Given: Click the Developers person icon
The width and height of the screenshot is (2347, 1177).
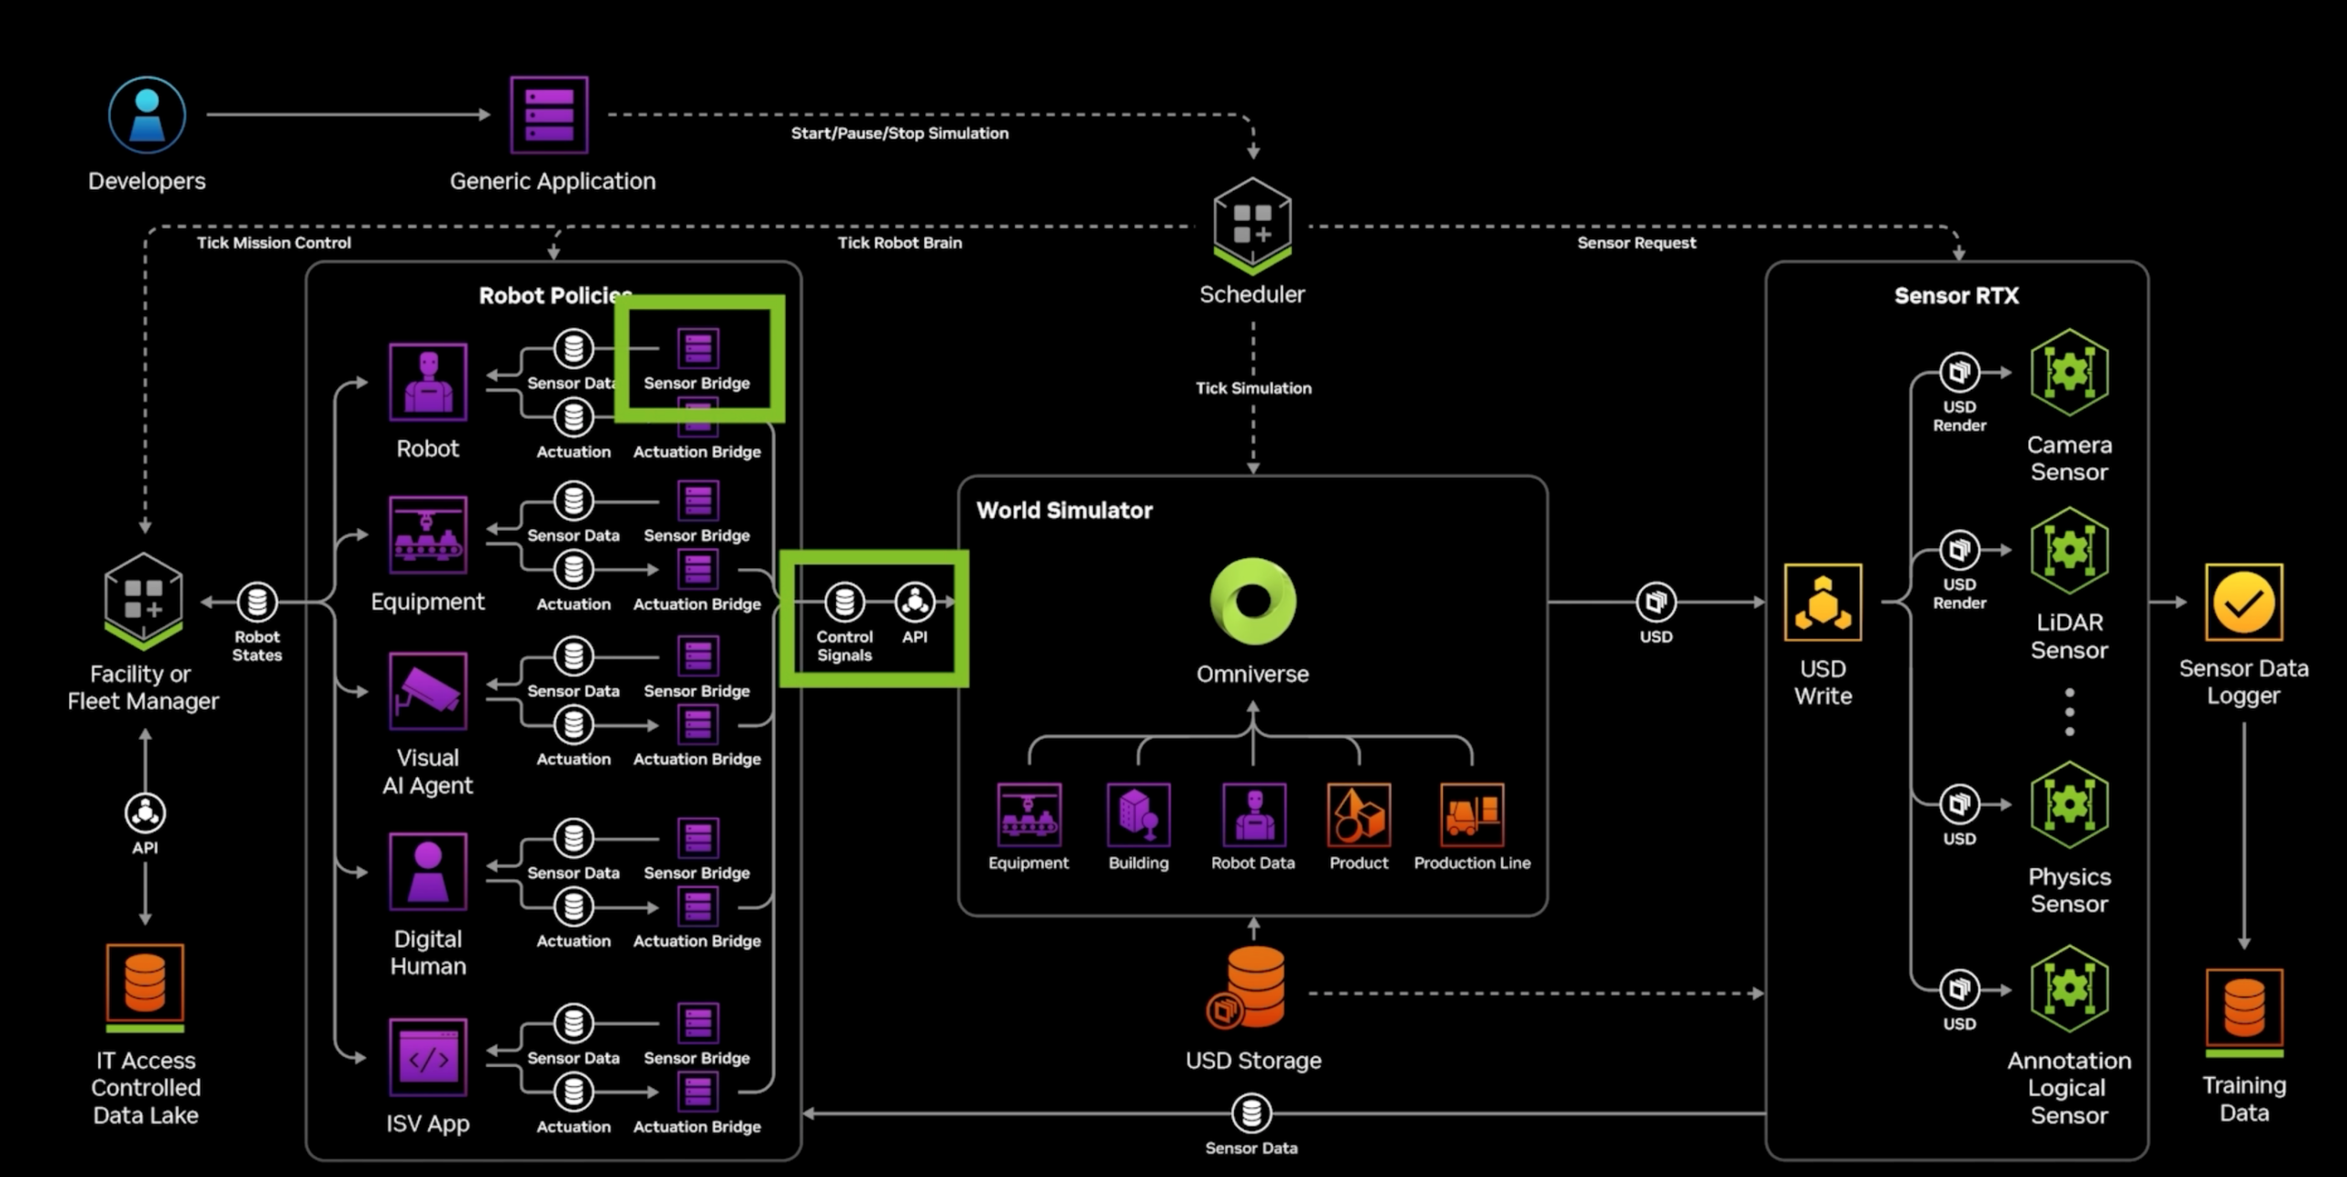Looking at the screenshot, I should pyautogui.click(x=147, y=115).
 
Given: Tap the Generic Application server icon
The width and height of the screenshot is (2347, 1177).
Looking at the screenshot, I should pyautogui.click(x=548, y=115).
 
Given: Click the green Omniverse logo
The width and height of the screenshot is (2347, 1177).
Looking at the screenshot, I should pyautogui.click(x=1252, y=601).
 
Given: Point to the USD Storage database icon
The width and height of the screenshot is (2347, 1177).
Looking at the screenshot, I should pyautogui.click(x=1252, y=988).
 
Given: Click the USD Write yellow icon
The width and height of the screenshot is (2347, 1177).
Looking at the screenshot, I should pyautogui.click(x=1823, y=602).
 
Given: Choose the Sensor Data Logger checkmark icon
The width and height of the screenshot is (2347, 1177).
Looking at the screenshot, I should pyautogui.click(x=2243, y=602).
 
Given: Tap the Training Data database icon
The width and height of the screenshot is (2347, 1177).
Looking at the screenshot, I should pyautogui.click(x=2243, y=1007).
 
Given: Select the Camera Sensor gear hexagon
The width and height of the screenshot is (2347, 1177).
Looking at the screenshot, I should pyautogui.click(x=2069, y=372).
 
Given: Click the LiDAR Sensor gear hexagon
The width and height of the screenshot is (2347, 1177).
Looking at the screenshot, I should pyautogui.click(x=2069, y=550).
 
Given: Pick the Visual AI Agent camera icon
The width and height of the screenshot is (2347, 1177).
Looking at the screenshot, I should pyautogui.click(x=427, y=691).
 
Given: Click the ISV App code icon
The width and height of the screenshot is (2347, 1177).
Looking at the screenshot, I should pyautogui.click(x=427, y=1057).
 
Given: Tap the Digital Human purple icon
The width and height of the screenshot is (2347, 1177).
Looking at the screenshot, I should pyautogui.click(x=427, y=871).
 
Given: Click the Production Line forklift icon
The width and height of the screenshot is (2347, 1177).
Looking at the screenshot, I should pyautogui.click(x=1471, y=815).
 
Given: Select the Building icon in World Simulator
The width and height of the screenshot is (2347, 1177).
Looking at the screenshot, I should pyautogui.click(x=1138, y=815).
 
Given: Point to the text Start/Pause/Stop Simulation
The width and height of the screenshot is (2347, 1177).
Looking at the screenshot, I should pyautogui.click(x=899, y=134).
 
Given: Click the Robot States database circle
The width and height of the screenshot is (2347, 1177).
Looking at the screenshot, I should pyautogui.click(x=257, y=602).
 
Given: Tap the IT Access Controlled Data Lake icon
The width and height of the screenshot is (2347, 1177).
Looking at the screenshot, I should pyautogui.click(x=145, y=984).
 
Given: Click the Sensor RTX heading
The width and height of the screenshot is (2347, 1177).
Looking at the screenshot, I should pyautogui.click(x=1956, y=296).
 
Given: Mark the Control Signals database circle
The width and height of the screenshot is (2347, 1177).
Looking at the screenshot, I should pyautogui.click(x=844, y=602).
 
